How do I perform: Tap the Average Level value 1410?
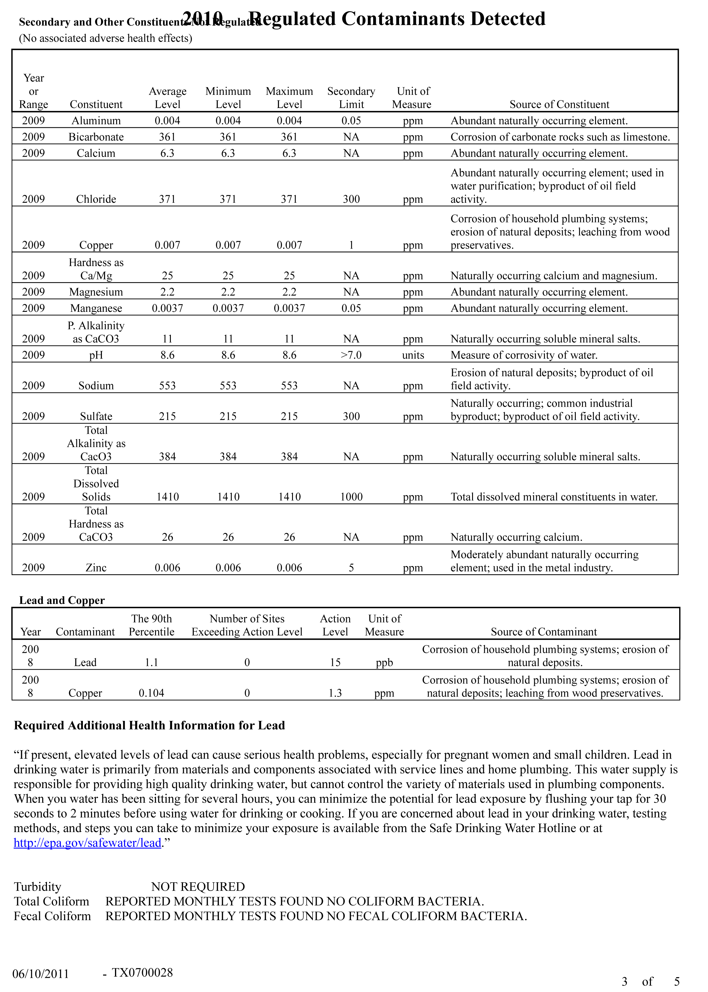(167, 497)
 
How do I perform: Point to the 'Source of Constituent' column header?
(559, 104)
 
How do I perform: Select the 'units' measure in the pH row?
(413, 355)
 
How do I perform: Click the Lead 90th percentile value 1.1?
(151, 662)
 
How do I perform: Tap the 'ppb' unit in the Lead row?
(384, 662)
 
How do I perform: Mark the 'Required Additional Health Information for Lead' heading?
(149, 725)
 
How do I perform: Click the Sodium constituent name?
(96, 386)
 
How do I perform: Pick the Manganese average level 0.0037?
(167, 308)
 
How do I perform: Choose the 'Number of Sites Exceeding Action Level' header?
(247, 625)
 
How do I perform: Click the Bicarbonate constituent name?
(96, 137)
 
